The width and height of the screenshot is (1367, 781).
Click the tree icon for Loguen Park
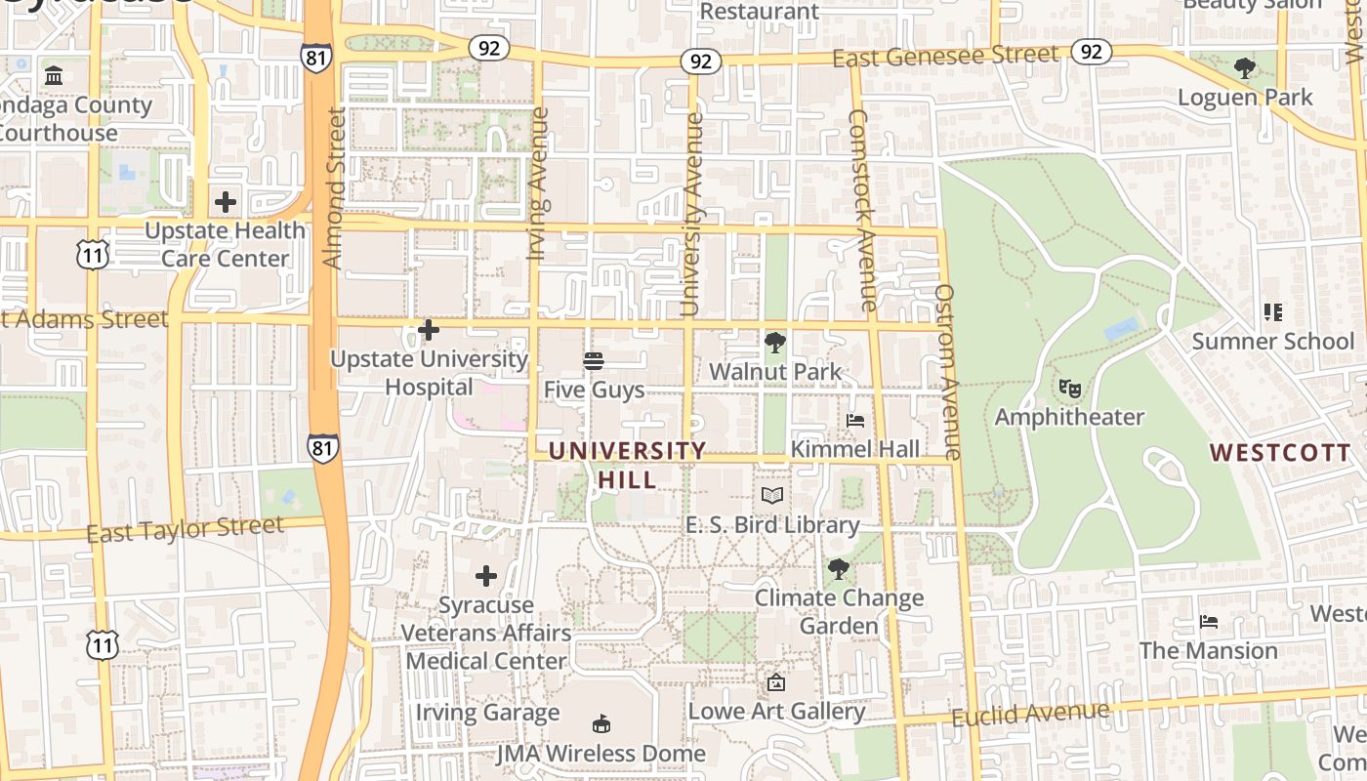click(x=1244, y=68)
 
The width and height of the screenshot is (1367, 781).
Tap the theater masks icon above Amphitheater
click(x=1070, y=389)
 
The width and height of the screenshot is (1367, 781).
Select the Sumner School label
click(x=1273, y=341)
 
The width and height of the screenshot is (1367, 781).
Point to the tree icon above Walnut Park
click(x=775, y=343)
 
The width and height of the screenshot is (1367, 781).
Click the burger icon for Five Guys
click(x=594, y=361)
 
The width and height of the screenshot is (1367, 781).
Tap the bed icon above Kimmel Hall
click(x=855, y=421)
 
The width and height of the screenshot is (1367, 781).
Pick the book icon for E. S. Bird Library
click(x=772, y=496)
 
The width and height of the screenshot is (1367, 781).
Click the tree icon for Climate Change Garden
click(x=838, y=569)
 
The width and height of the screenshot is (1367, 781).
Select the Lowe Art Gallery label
click(x=776, y=711)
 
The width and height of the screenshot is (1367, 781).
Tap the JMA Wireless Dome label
click(x=601, y=753)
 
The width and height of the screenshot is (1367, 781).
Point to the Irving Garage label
click(x=487, y=712)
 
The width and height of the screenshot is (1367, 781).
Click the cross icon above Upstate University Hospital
click(x=428, y=330)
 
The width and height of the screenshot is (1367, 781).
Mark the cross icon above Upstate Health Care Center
click(x=226, y=202)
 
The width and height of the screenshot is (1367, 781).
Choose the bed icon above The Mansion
click(x=1209, y=622)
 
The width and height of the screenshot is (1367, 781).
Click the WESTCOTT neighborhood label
click(x=1279, y=453)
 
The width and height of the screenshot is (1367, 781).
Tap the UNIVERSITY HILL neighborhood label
click(x=627, y=465)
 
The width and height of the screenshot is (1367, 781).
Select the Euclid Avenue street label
click(x=1030, y=715)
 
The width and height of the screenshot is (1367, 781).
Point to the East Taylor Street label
click(x=186, y=529)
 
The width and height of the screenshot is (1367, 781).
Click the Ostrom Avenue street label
click(x=948, y=371)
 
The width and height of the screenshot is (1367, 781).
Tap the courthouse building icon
click(x=54, y=75)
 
